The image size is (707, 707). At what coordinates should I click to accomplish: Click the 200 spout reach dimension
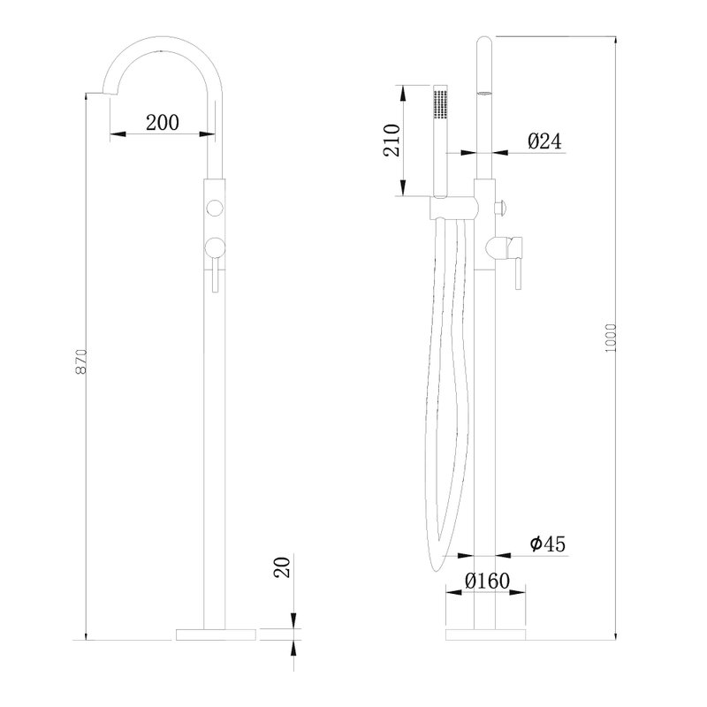coord(163,122)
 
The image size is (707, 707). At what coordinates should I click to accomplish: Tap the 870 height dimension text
coord(80,361)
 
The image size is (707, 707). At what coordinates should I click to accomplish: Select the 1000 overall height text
coord(610,338)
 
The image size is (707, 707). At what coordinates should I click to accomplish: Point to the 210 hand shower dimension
coord(392,141)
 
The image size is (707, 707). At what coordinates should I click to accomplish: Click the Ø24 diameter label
coord(545,141)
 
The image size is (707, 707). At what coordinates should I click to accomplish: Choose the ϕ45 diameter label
coord(547,544)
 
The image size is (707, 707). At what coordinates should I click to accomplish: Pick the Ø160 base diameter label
coord(488,581)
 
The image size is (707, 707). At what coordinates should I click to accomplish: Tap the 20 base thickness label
coord(282,567)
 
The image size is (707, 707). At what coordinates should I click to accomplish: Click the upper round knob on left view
coord(214,208)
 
